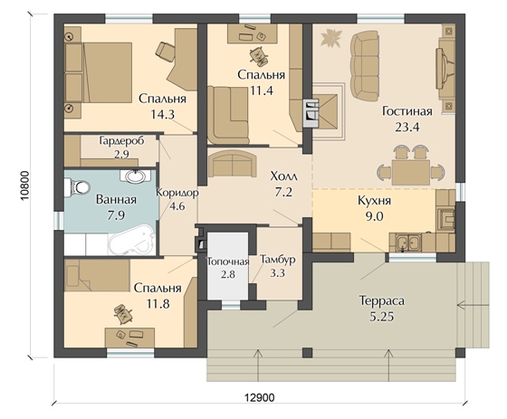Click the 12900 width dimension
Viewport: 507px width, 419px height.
259,397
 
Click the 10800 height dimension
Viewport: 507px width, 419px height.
26,186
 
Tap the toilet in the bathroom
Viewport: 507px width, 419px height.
77,188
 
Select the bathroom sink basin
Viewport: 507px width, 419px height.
135,176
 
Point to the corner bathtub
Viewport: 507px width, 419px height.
131,240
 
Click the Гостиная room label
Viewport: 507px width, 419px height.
407,111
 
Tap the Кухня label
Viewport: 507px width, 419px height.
375,200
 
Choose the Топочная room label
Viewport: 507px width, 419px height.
228,262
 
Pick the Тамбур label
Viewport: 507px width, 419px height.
278,260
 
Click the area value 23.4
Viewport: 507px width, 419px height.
407,127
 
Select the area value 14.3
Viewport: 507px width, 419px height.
163,114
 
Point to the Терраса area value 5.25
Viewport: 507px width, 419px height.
382,317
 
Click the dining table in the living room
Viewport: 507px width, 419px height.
411,172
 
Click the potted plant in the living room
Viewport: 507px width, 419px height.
330,38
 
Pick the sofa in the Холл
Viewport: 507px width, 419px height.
233,164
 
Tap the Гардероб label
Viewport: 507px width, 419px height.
121,141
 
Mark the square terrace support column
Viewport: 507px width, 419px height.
307,352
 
